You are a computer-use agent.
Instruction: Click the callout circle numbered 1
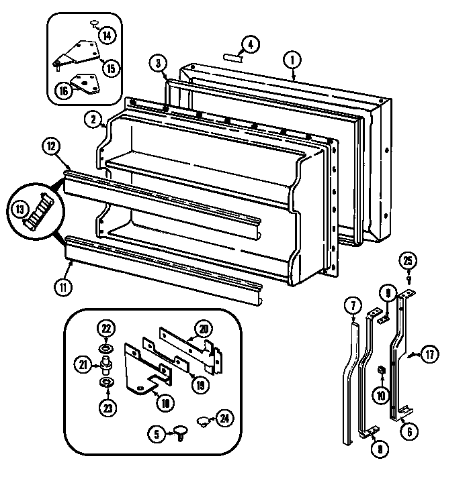tap(293, 60)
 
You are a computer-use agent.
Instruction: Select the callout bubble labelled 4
tap(249, 46)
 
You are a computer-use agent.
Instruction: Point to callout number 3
tap(158, 64)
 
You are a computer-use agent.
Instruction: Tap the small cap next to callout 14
tap(93, 24)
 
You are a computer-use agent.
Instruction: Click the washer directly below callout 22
tap(106, 349)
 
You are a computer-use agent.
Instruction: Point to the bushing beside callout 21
tap(105, 366)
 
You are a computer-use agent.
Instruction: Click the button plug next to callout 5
tap(181, 431)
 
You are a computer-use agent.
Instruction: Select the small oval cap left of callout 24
tap(202, 421)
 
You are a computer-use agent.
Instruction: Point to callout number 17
tap(429, 356)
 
